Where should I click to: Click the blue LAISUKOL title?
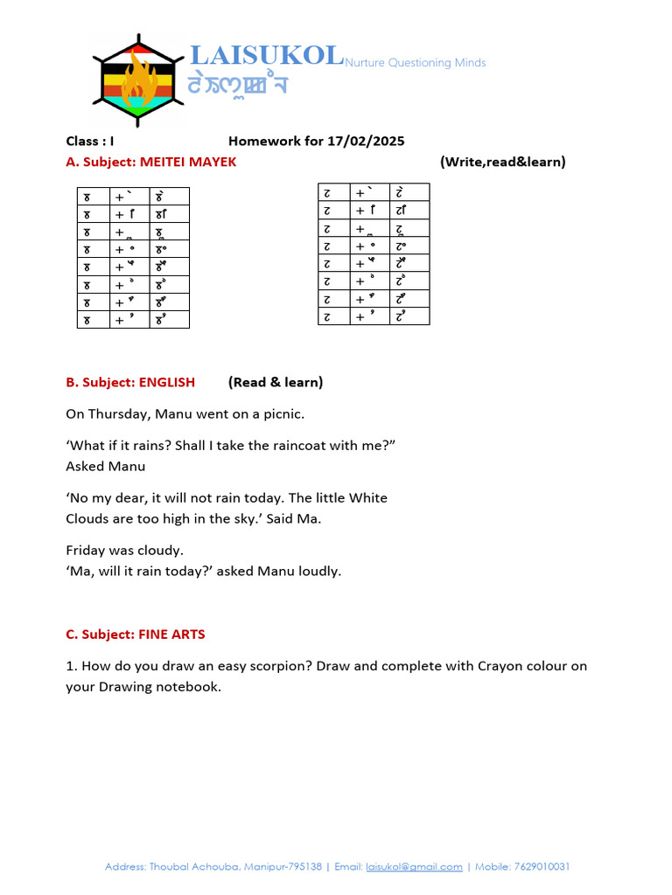(x=266, y=56)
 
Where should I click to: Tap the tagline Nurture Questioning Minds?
(x=415, y=63)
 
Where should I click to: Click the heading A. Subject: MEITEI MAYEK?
(x=150, y=162)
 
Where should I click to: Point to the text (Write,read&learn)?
(x=502, y=162)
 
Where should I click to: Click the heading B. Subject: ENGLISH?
(x=130, y=382)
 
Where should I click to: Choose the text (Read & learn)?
(x=276, y=382)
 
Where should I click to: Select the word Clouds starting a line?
(x=87, y=518)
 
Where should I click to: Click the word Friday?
(x=87, y=551)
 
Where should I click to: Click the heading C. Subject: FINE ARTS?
(x=136, y=634)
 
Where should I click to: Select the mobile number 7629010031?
(x=542, y=867)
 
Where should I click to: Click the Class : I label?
(x=90, y=141)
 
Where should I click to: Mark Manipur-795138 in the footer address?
(x=282, y=867)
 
